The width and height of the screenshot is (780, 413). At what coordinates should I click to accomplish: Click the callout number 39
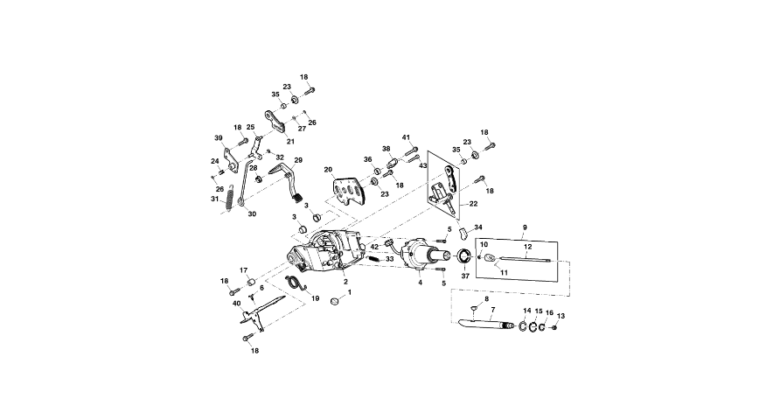219,137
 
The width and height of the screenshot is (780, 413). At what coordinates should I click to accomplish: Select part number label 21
289,141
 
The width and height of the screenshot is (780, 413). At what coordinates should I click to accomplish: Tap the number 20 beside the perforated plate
329,169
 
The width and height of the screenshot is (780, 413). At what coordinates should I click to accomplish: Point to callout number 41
406,137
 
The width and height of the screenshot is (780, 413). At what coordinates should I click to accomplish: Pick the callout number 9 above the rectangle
524,227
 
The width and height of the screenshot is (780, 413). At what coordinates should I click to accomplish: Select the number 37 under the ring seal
464,276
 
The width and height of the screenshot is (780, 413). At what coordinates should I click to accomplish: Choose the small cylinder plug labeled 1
333,303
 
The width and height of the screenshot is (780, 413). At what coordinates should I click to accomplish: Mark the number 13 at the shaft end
561,316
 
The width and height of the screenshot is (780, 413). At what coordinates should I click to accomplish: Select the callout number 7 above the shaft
492,310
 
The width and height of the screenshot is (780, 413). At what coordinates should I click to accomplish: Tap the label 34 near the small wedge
477,227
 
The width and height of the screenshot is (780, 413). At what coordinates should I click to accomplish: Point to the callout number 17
245,270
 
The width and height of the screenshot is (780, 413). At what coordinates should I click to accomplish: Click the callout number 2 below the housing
346,281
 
